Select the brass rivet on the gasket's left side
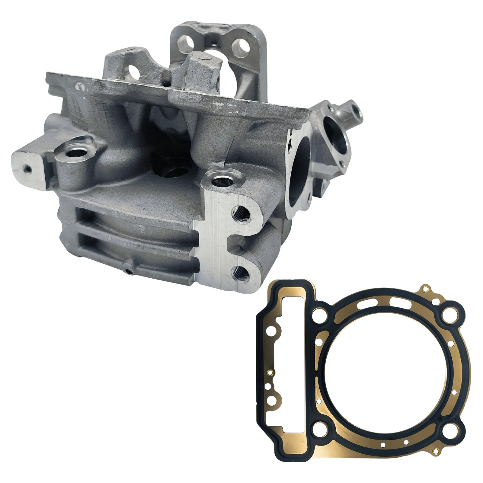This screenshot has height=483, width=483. pos(271,372)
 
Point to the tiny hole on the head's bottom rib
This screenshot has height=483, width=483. pos(130,272)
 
